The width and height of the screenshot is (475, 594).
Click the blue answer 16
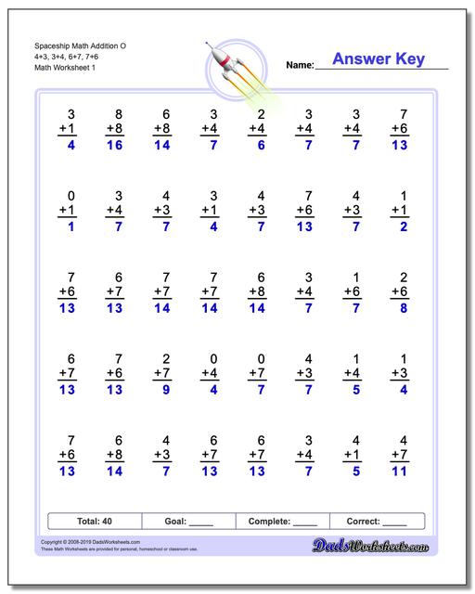(x=115, y=147)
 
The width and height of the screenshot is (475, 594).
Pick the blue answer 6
(x=261, y=147)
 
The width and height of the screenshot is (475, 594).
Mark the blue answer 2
(x=401, y=226)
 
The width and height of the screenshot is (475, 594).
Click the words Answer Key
(x=379, y=60)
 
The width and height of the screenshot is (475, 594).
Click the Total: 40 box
(x=95, y=522)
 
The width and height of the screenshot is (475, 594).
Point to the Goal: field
(x=189, y=522)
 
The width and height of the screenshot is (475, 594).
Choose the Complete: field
(x=284, y=522)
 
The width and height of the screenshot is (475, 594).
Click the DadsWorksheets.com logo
(x=383, y=549)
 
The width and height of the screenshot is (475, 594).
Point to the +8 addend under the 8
(x=115, y=128)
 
